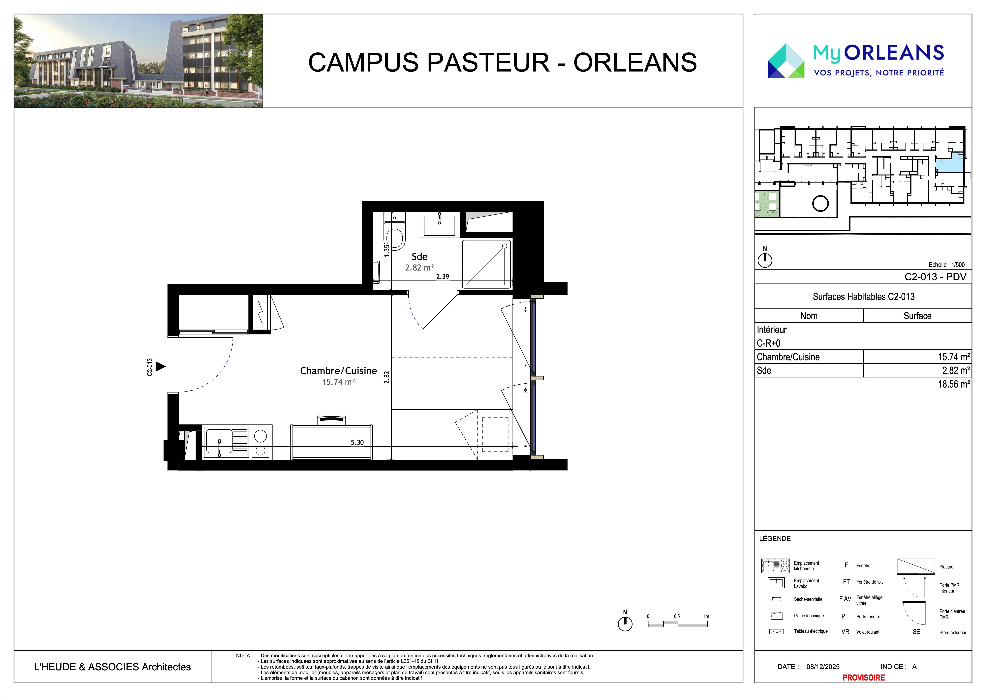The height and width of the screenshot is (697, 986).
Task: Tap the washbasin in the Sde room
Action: point(439,225)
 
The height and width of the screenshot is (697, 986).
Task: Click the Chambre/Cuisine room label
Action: point(338,370)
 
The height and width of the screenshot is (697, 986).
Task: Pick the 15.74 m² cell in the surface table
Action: point(953,357)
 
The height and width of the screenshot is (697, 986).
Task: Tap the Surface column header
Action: point(917,316)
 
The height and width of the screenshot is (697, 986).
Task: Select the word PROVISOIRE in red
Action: point(864,677)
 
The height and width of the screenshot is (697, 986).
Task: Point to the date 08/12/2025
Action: point(823,667)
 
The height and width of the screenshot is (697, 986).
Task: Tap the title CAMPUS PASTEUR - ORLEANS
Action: point(503,62)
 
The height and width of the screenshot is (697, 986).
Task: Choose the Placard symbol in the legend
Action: point(916,566)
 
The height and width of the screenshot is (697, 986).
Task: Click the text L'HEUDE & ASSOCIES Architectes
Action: point(112,667)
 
